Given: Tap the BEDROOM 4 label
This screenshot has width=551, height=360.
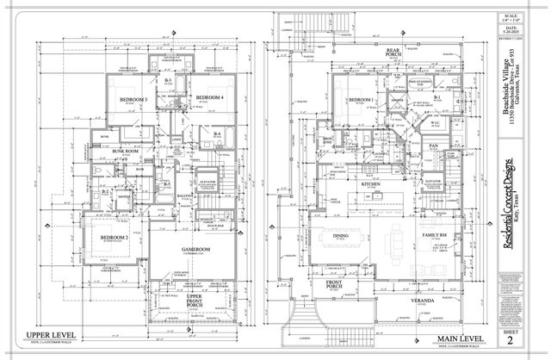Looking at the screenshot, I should pos(209,98).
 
